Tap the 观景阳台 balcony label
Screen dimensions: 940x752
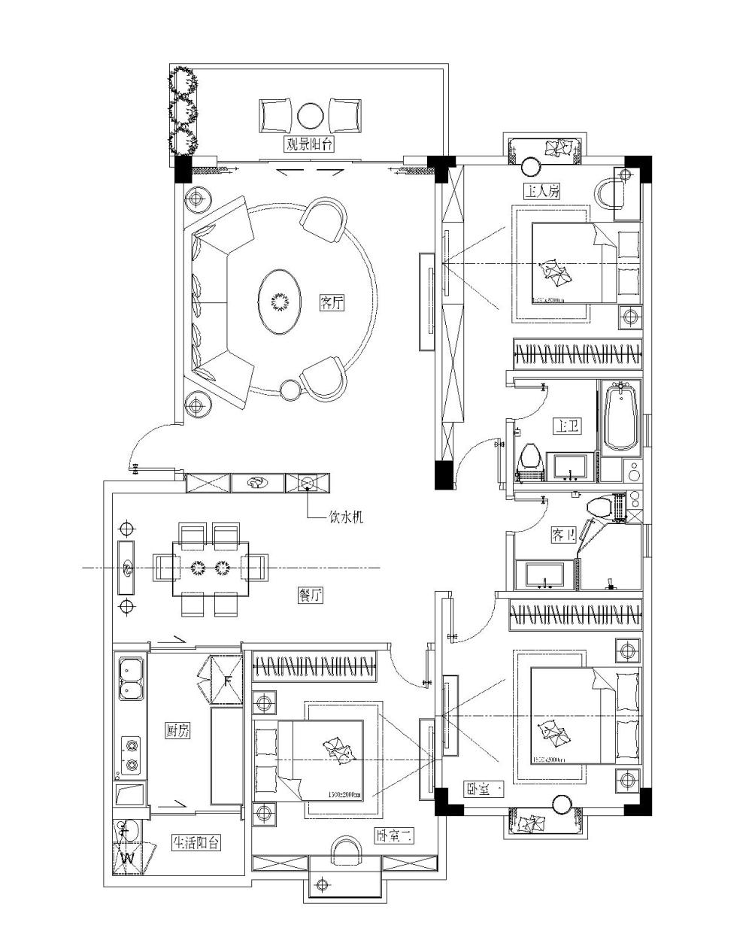coord(308,144)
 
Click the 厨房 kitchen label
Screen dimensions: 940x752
coord(177,730)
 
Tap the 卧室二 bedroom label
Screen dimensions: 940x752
coord(393,836)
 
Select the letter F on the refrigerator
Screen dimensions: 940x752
coord(227,682)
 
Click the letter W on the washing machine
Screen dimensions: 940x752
coord(127,857)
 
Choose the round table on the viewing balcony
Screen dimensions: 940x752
coord(308,116)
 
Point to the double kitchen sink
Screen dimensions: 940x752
coord(131,678)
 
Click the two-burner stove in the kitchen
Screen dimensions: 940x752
coord(132,756)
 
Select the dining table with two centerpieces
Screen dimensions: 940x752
coord(210,566)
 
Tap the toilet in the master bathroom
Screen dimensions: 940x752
coord(531,459)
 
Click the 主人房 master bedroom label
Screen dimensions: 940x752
coord(543,192)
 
